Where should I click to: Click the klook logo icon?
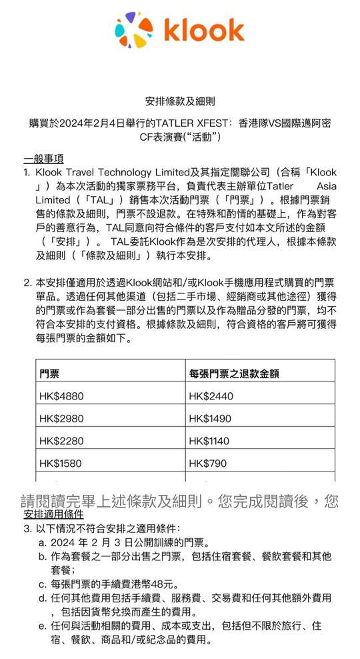(133, 31)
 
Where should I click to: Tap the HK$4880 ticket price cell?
(61, 396)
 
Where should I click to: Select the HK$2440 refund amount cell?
(211, 396)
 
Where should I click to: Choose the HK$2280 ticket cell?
(61, 440)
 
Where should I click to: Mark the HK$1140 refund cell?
(210, 440)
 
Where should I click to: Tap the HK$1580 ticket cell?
(61, 462)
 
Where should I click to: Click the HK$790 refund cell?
(207, 462)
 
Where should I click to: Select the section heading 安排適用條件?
(53, 515)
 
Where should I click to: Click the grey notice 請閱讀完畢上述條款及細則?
(180, 500)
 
